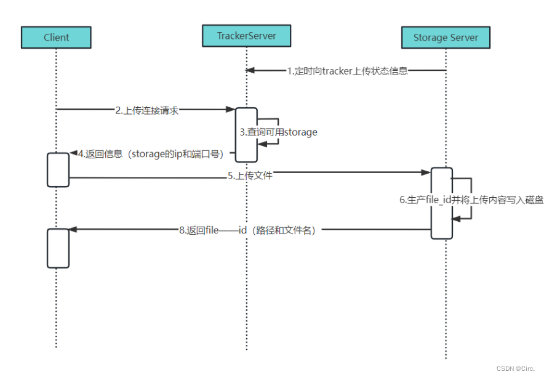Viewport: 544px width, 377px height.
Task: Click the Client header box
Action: click(56, 37)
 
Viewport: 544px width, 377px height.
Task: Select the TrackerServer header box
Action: click(247, 36)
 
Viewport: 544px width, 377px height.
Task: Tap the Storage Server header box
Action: click(446, 38)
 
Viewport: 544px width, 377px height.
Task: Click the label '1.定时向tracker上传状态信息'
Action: click(347, 71)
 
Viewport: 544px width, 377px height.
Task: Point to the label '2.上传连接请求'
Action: click(146, 110)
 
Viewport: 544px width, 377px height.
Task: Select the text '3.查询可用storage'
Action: click(278, 132)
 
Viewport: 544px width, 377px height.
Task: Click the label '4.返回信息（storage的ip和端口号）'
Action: click(150, 153)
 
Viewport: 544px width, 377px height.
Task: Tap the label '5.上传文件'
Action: click(250, 176)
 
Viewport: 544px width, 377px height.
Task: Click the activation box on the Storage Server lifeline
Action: click(442, 203)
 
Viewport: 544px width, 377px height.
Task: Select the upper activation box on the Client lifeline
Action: click(58, 169)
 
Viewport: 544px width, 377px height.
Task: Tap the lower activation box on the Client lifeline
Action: click(58, 248)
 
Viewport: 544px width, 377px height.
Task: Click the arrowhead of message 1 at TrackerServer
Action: click(249, 70)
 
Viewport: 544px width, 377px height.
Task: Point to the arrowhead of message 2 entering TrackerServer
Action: click(231, 110)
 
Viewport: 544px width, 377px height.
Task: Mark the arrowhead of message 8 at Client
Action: click(72, 229)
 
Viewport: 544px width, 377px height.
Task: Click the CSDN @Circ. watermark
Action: click(515, 368)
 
